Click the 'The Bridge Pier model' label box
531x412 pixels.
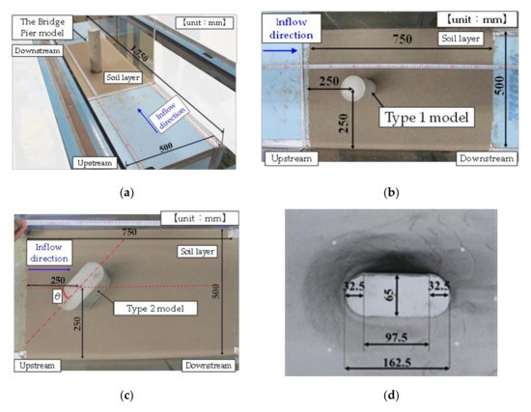(x=38, y=26)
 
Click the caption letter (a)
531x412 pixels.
(x=126, y=193)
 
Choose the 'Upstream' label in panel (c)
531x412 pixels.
(x=38, y=366)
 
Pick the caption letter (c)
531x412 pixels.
(x=126, y=396)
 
